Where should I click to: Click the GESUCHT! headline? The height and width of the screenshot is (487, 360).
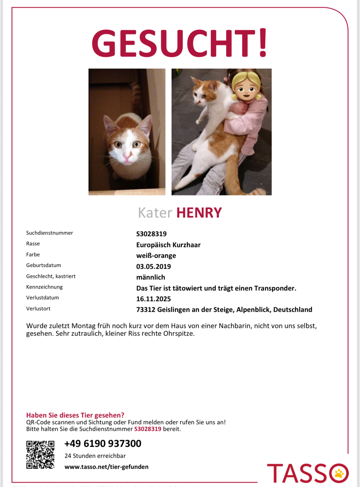(x=180, y=43)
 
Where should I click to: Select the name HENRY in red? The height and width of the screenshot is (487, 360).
(x=199, y=213)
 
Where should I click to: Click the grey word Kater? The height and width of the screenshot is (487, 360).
(x=155, y=213)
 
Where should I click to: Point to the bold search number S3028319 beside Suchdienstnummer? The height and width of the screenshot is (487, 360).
(x=151, y=234)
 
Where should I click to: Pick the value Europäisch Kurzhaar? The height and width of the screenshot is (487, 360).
(x=168, y=245)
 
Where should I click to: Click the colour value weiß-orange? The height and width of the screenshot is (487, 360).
(x=156, y=256)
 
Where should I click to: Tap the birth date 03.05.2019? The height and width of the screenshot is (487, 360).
(x=154, y=267)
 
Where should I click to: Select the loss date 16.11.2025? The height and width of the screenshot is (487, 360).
(x=154, y=299)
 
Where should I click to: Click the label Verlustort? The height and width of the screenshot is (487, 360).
(x=38, y=309)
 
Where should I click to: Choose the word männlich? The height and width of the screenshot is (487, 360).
(x=151, y=277)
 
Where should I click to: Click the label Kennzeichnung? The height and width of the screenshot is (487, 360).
(x=44, y=287)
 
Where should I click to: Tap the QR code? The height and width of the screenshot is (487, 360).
(x=40, y=455)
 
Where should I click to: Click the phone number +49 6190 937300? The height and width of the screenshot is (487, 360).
(x=103, y=443)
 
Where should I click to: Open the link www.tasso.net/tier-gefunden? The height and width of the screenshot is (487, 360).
(x=107, y=467)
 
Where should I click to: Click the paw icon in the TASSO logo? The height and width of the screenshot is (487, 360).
(x=339, y=474)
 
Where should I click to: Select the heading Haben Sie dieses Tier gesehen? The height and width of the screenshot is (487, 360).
(x=75, y=415)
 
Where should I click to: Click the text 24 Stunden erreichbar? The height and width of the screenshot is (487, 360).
(x=95, y=456)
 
